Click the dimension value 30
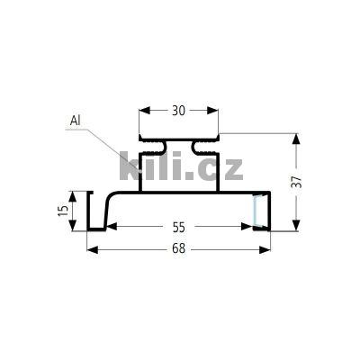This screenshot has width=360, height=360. click(178, 111)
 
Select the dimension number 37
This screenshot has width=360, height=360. click(298, 181)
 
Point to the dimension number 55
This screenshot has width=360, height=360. click(178, 229)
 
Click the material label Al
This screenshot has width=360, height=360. click(75, 121)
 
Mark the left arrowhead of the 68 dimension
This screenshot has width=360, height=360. click(92, 249)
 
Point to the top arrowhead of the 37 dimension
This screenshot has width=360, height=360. click(297, 138)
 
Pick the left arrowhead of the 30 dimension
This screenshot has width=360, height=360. click(143, 111)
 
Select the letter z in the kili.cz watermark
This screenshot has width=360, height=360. click(231, 168)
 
